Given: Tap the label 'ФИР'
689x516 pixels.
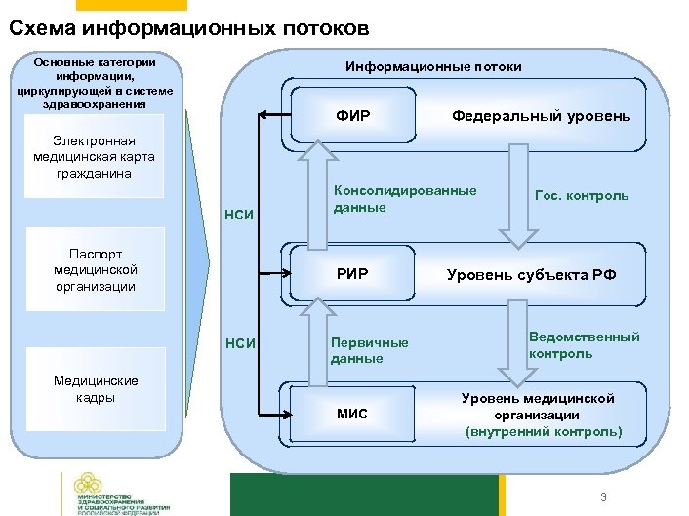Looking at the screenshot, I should point(351,117).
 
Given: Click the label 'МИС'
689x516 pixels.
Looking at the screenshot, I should point(351,414).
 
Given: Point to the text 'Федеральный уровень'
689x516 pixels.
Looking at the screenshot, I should point(541,117).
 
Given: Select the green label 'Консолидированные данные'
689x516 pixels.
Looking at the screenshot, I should point(405,199).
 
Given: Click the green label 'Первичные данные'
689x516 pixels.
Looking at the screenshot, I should point(370,350).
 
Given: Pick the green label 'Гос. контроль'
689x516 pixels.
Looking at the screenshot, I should point(582,195).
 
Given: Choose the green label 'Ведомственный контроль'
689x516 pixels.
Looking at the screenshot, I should point(584,344).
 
